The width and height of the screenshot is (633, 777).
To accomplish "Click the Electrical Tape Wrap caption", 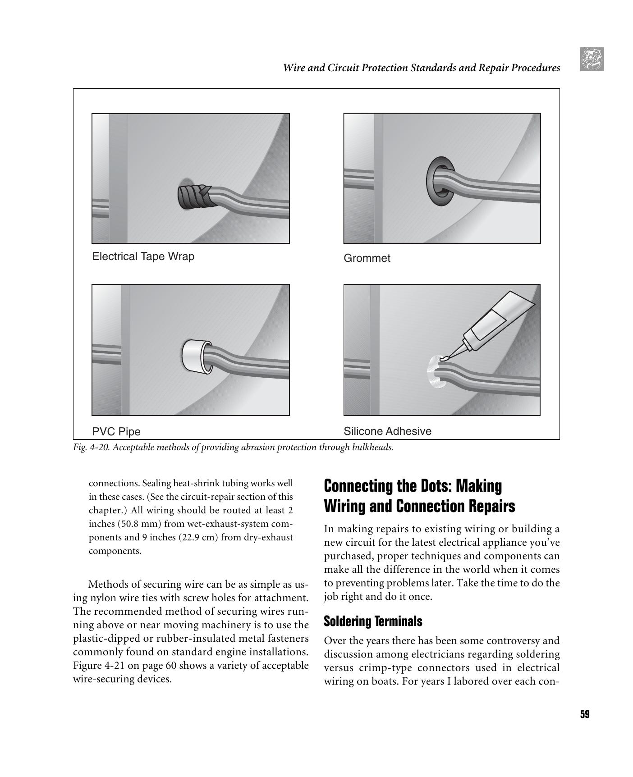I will (x=143, y=256).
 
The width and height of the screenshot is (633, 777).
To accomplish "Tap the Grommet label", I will (x=367, y=258).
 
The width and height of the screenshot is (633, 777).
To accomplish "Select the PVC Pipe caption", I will (x=116, y=432).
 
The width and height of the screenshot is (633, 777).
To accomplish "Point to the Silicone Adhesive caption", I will (x=387, y=431).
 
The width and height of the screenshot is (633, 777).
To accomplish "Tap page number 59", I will (x=585, y=714).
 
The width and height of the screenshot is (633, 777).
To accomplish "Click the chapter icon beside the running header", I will (x=592, y=59).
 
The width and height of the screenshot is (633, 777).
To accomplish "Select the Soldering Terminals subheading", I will (x=373, y=622).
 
